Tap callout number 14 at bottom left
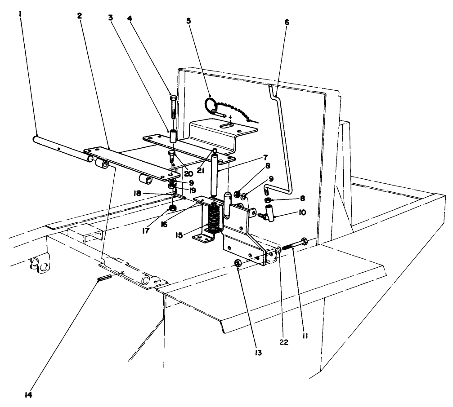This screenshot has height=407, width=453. pos(28,395)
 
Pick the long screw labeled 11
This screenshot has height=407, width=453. pos(293,245)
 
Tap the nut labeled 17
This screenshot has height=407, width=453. pos(172,208)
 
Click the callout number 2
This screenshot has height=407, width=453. pos(79,15)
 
